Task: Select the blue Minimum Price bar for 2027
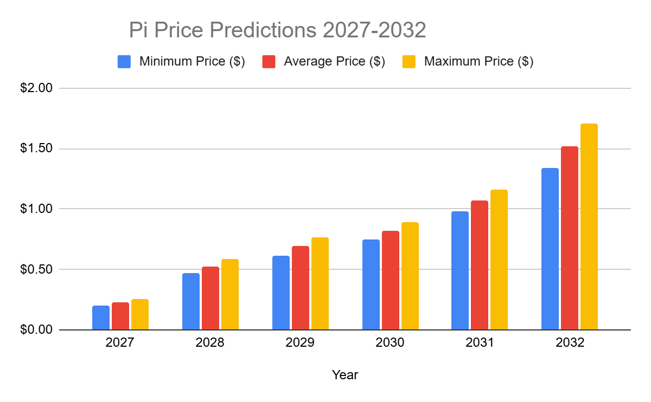point(101,317)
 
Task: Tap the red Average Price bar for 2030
point(390,280)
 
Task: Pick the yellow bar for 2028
point(229,294)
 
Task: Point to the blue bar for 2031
point(460,270)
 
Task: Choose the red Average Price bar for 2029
point(300,288)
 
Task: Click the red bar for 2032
point(569,238)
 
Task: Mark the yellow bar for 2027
point(139,314)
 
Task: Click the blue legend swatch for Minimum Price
point(124,62)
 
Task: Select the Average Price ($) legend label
point(334,62)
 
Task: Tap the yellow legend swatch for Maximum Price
point(409,62)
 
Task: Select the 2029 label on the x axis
point(300,343)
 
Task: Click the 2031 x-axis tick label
point(480,343)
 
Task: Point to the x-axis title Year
point(345,374)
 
